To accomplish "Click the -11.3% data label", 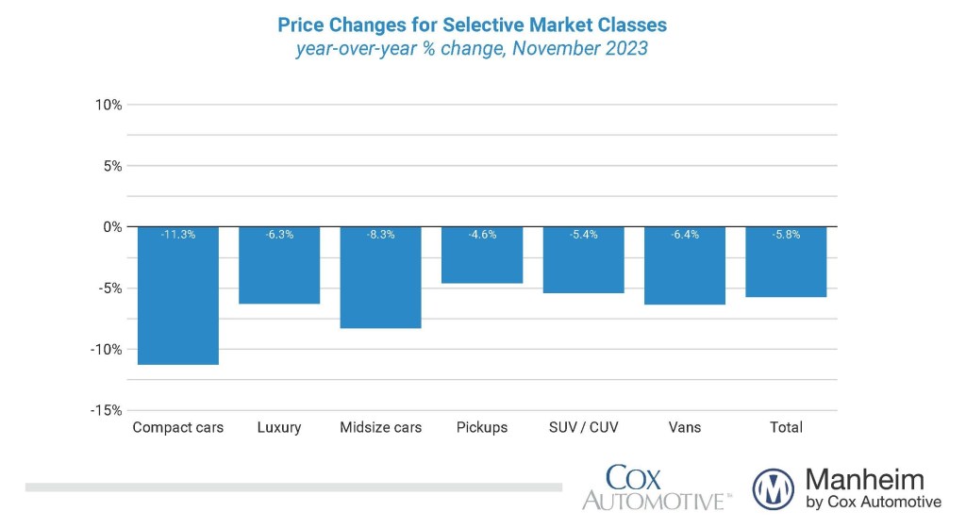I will [177, 235].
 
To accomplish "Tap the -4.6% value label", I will [482, 235].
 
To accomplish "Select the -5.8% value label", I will [786, 235].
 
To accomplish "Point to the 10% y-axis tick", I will [108, 105].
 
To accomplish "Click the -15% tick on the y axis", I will [107, 410].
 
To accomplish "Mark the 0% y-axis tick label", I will [111, 227].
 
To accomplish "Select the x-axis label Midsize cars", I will [380, 427].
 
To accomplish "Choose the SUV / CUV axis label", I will [583, 427].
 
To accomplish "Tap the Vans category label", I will [685, 427].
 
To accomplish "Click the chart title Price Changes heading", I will [472, 23].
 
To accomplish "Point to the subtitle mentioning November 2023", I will [472, 48].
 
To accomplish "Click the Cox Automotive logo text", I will [656, 487].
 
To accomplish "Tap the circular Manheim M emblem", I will [774, 488].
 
